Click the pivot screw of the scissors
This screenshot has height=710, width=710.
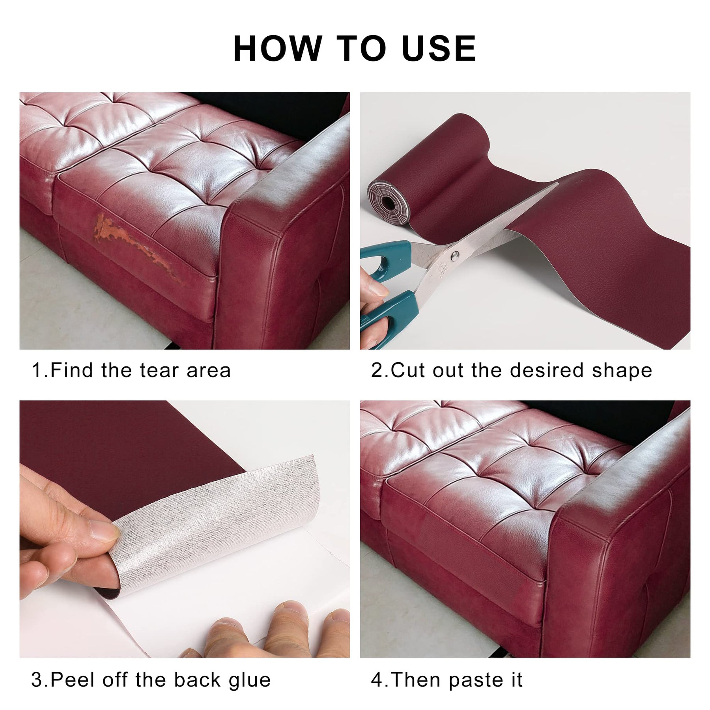coord(454,254)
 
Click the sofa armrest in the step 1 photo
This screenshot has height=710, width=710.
coord(284,237)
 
